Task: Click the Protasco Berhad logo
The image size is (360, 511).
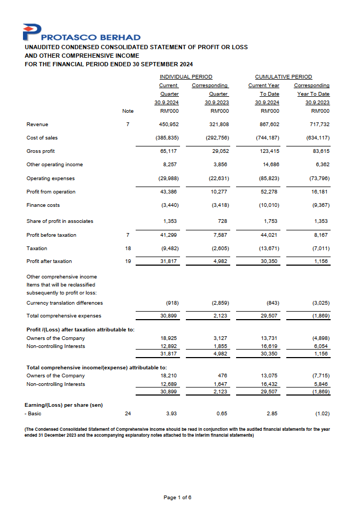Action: point(82,33)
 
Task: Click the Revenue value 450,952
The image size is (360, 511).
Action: point(169,124)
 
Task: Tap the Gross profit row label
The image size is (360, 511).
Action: point(41,151)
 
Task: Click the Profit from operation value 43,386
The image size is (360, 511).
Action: point(169,191)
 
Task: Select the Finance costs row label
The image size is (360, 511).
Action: point(43,205)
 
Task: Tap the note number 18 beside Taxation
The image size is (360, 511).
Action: point(127,249)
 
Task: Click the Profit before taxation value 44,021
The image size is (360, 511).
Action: point(270,235)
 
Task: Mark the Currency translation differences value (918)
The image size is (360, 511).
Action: point(171,303)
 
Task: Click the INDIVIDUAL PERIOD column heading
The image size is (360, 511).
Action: point(186,77)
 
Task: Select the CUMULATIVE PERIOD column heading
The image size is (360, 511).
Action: point(284,77)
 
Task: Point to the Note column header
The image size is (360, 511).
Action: point(128,111)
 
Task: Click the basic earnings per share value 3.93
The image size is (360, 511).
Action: point(172,414)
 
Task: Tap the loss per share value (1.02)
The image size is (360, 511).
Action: point(321,414)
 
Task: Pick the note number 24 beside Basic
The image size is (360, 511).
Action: point(127,414)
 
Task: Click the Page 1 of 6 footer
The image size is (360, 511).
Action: point(177,498)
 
